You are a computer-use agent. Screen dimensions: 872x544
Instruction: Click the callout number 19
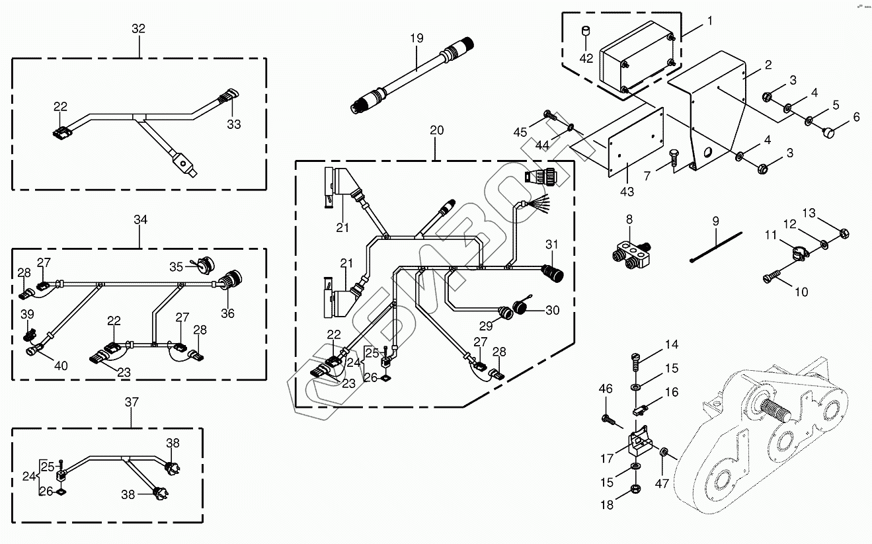(x=416, y=38)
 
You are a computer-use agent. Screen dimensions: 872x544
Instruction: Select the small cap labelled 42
(x=586, y=31)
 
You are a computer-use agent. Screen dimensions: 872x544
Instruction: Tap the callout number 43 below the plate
(x=627, y=192)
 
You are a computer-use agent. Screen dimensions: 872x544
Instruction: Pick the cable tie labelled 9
(x=715, y=247)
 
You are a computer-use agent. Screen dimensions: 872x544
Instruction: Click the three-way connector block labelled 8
(x=632, y=255)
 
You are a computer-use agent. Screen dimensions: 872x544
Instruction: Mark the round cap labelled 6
(x=828, y=133)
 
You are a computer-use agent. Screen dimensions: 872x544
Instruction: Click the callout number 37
(x=132, y=402)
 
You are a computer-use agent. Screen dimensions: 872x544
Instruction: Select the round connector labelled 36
(x=231, y=280)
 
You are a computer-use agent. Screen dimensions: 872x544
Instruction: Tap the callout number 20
(x=437, y=130)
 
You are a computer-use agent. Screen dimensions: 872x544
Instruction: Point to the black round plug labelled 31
(x=553, y=273)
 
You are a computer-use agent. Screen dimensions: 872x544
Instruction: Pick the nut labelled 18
(x=635, y=488)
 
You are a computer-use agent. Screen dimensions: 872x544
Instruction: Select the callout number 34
(x=141, y=219)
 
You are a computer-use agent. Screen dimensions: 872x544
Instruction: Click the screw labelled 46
(x=610, y=420)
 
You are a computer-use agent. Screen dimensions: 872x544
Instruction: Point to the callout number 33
(x=234, y=124)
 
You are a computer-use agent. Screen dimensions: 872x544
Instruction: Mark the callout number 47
(x=662, y=483)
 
